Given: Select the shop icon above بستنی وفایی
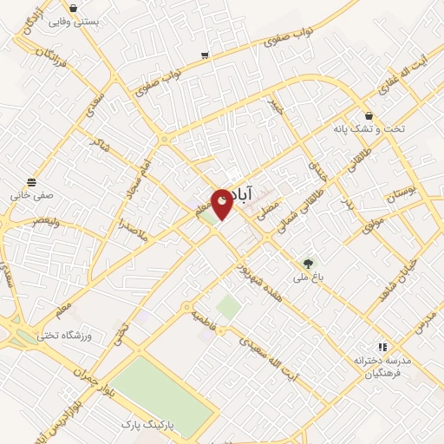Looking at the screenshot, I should (73, 7).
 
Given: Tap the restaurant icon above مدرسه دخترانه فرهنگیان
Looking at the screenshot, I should (379, 345).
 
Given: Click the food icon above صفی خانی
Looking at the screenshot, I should (32, 182).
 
